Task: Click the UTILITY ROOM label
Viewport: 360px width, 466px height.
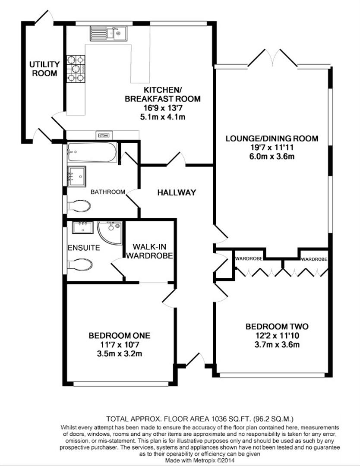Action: (x=44, y=69)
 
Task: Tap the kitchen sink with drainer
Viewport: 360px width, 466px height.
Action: (x=108, y=33)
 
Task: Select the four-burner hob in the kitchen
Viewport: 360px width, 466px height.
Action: (x=76, y=69)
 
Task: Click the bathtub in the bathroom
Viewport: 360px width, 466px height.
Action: (x=92, y=152)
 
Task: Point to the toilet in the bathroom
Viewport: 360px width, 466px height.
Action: (x=79, y=206)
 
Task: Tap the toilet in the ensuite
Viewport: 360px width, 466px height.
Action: (x=79, y=264)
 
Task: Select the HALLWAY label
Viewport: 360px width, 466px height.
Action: (x=177, y=192)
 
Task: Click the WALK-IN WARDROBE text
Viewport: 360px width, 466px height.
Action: (x=149, y=251)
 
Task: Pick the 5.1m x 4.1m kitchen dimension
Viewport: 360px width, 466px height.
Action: (x=163, y=117)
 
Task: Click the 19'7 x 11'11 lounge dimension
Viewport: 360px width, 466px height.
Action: (x=272, y=147)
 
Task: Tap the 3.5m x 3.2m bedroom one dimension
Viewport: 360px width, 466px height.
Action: (x=120, y=354)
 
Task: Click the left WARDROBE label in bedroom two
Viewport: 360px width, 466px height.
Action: (x=249, y=258)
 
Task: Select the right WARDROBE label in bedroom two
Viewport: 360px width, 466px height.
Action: (x=314, y=259)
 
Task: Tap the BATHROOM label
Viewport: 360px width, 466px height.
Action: (x=108, y=192)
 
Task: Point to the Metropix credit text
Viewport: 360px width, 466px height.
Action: (x=200, y=460)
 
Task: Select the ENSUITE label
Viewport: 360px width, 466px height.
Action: (x=84, y=248)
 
